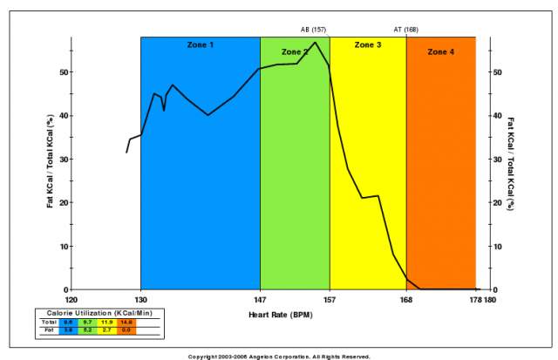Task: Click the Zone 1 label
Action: [x=200, y=44]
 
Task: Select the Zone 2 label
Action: [x=295, y=52]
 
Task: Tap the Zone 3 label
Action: [x=367, y=44]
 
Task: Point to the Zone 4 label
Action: [x=440, y=52]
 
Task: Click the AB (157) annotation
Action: [x=313, y=30]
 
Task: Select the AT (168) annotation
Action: [x=405, y=30]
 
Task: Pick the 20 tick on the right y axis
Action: [x=499, y=202]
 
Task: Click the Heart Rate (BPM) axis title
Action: [x=280, y=312]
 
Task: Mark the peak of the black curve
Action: [x=315, y=42]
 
